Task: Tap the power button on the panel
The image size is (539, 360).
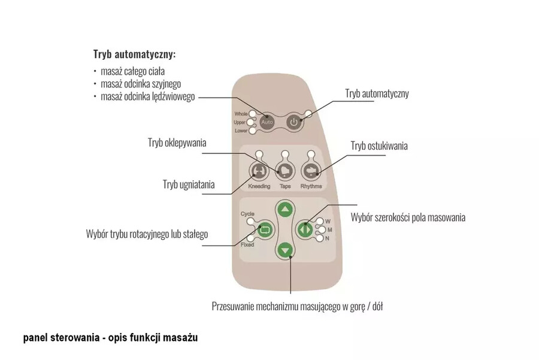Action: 293,122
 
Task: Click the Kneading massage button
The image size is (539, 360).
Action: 259,171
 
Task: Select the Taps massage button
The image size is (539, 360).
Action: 284,171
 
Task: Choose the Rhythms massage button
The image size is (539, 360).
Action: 311,171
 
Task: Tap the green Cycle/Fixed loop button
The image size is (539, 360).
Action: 263,228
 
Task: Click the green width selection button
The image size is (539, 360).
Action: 305,228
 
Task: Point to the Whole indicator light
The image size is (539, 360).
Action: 254,114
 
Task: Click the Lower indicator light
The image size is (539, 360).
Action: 253,130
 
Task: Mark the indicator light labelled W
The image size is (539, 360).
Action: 320,221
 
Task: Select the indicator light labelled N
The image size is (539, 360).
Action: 320,238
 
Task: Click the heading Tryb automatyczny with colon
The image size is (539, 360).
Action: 134,54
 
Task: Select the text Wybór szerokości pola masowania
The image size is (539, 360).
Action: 408,217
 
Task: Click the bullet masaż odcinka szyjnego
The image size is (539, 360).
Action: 141,84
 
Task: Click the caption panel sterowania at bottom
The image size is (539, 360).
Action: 110,338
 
